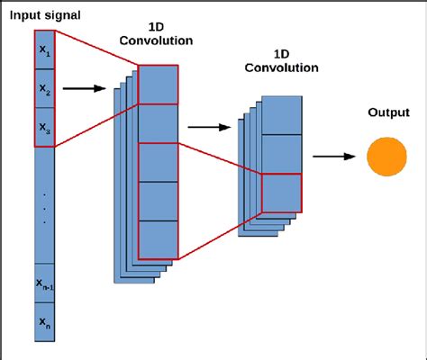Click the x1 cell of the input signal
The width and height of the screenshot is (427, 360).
pos(45,52)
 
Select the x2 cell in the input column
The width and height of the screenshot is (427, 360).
pos(45,90)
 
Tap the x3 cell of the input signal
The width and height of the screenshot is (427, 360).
pos(45,129)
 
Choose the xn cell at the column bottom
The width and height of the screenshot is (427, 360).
pos(45,321)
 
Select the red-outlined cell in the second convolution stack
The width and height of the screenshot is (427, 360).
pos(281,192)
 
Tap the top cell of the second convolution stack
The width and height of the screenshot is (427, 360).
pos(281,114)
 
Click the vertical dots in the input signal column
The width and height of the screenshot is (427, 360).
pos(45,206)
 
